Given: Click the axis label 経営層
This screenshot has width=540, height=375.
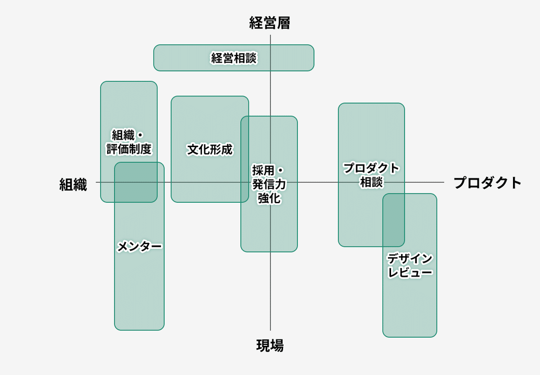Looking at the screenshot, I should [x=270, y=23].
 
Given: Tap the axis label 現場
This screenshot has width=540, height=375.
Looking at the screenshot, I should [x=270, y=345].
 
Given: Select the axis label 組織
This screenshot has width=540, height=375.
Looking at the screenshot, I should [x=73, y=184].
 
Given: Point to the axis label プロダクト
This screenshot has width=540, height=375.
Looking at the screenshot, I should [x=487, y=183].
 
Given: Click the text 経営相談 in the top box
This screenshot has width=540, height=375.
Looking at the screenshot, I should [x=234, y=58].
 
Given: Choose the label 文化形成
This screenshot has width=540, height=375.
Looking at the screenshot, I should [x=210, y=149].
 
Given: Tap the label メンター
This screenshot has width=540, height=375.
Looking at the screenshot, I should [x=139, y=246].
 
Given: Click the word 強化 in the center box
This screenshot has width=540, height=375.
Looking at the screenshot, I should [x=269, y=198].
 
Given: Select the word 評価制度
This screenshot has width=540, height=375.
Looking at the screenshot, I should [x=129, y=149].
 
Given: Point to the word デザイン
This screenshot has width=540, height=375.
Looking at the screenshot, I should [x=410, y=259].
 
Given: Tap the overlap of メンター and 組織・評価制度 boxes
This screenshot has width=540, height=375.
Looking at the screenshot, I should [x=136, y=182].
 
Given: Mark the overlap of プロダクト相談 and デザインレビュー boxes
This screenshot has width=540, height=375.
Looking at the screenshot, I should [x=393, y=220].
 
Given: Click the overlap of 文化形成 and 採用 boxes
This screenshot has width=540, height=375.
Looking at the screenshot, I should [x=245, y=159].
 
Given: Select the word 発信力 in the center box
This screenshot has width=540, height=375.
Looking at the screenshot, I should [x=269, y=184].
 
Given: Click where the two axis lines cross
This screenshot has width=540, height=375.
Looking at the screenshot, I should [x=270, y=182].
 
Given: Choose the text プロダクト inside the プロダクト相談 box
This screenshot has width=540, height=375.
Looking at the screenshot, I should [x=371, y=169].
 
